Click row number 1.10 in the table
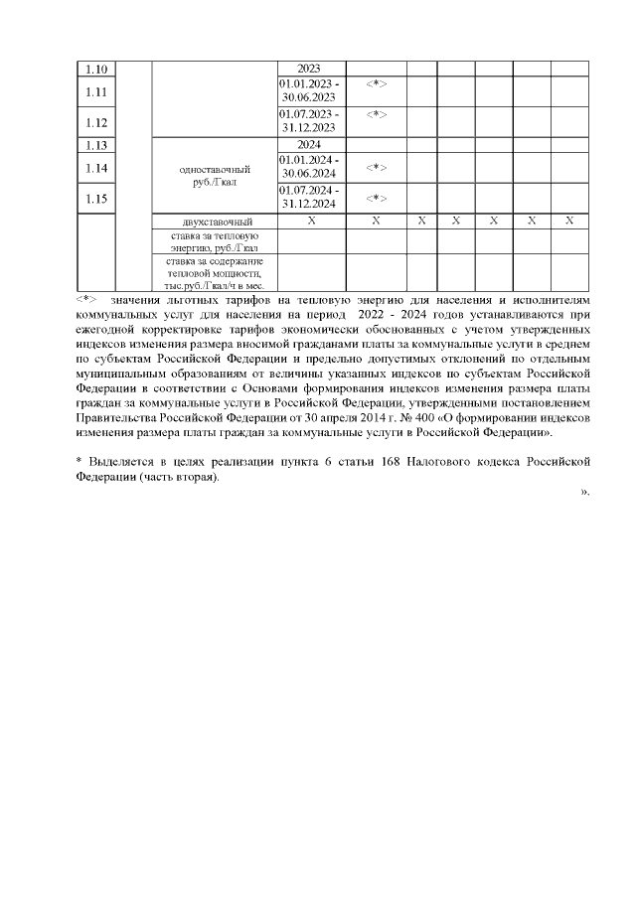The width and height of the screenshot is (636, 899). click(96, 70)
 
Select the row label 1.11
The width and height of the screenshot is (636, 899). click(96, 91)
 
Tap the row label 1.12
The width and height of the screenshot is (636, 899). click(96, 122)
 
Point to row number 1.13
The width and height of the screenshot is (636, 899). click(96, 144)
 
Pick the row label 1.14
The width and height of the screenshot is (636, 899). click(96, 168)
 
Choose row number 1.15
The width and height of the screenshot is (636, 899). click(96, 199)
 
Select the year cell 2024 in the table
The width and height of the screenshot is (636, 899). click(309, 144)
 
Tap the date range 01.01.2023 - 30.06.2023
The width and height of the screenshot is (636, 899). click(309, 91)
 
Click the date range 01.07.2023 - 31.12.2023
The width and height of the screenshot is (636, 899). click(309, 122)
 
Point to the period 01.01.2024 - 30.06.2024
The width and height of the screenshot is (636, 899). click(309, 167)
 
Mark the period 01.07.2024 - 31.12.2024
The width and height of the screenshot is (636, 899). click(309, 198)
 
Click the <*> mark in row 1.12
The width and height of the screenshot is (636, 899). click(376, 115)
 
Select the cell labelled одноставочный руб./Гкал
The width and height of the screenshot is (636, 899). click(215, 176)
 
